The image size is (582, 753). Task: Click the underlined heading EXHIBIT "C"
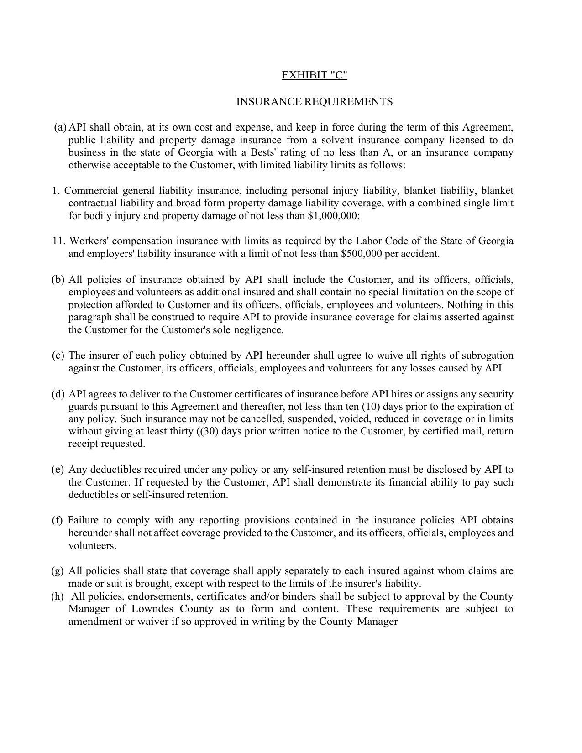click(314, 75)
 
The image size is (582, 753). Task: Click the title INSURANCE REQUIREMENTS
click(314, 101)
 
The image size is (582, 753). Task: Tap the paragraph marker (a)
click(60, 127)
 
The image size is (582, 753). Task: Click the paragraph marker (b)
click(58, 280)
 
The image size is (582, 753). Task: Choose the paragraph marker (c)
click(58, 356)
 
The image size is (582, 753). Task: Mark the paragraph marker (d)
click(58, 394)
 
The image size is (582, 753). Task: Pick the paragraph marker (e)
click(58, 470)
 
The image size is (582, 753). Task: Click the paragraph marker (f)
click(58, 520)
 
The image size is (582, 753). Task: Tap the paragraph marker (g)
click(58, 571)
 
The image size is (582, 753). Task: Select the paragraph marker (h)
click(58, 596)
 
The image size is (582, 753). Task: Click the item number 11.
click(58, 241)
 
